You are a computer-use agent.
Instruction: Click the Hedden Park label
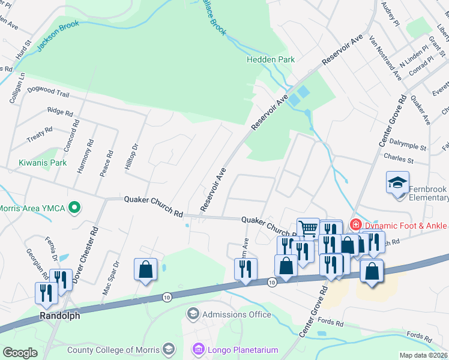[271, 59]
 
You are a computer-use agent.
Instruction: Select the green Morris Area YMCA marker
[74, 208]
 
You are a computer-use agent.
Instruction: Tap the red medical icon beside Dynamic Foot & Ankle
[356, 225]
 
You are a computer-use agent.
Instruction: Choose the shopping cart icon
[308, 228]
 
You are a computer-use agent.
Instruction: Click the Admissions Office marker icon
[193, 314]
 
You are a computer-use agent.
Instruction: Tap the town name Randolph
[59, 316]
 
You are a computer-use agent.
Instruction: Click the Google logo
[20, 353]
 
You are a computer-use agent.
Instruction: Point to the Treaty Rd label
[40, 134]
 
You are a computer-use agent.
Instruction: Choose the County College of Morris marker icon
[169, 349]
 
